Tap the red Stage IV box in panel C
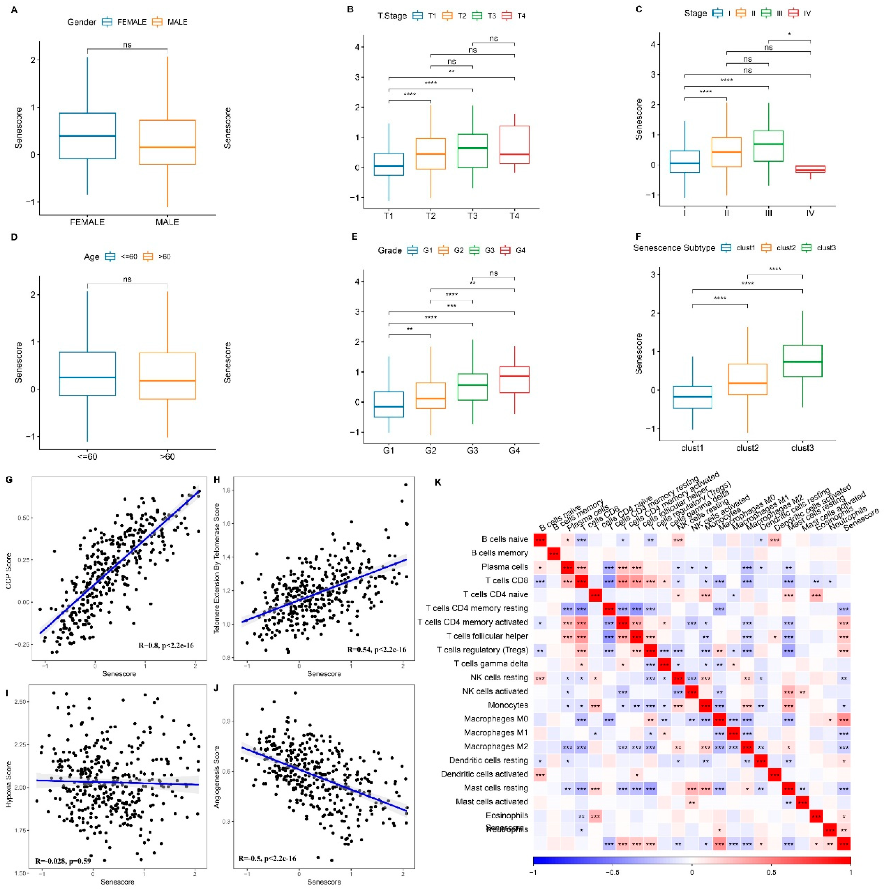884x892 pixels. coord(810,169)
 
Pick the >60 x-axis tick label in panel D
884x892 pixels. coord(167,457)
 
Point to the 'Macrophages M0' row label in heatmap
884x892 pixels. coord(495,719)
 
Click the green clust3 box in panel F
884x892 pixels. coord(802,361)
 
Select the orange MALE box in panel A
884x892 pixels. coord(167,142)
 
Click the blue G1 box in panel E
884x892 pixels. coord(389,404)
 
